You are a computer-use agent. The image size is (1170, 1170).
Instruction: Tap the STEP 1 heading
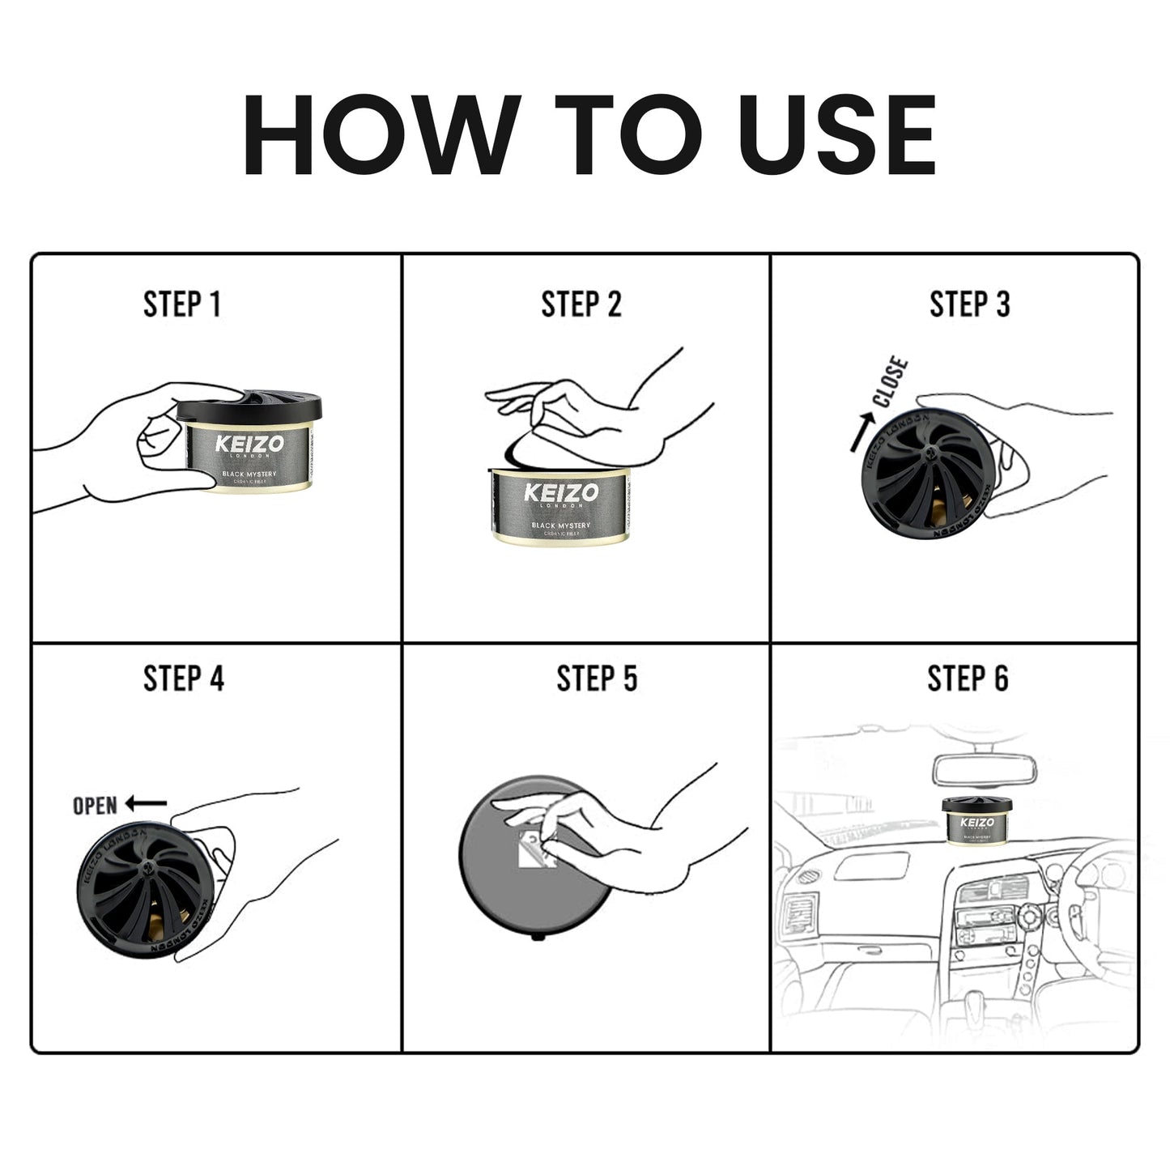(x=181, y=304)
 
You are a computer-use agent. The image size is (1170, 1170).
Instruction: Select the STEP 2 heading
(x=581, y=304)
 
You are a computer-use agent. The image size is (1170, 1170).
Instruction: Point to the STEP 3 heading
(x=969, y=304)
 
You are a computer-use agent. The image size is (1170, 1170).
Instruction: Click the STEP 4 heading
(x=183, y=679)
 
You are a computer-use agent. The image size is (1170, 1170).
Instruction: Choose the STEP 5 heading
(x=596, y=679)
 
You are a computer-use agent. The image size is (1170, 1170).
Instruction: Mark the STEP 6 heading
(x=968, y=679)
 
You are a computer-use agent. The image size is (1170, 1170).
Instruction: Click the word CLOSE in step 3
(x=891, y=382)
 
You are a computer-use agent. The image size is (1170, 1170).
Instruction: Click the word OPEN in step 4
(x=95, y=806)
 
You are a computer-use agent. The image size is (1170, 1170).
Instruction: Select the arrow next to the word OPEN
(x=146, y=804)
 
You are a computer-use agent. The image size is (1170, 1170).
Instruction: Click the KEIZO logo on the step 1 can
(x=249, y=445)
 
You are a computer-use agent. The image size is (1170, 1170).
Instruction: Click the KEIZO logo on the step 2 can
(x=561, y=493)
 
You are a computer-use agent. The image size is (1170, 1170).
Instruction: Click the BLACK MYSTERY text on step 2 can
(x=561, y=525)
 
